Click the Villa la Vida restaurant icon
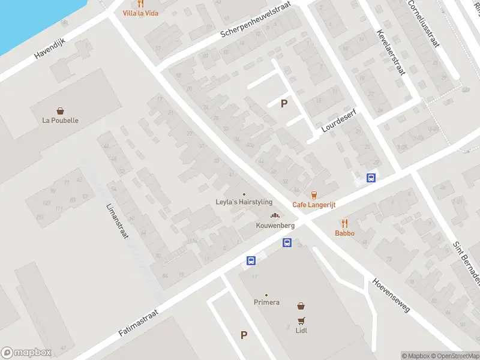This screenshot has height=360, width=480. click(140, 4)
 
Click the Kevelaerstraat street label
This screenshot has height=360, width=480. click(389, 52)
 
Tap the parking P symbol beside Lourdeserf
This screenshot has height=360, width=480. click(284, 104)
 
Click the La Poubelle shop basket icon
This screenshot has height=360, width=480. click(61, 110)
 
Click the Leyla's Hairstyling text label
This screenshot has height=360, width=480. click(244, 202)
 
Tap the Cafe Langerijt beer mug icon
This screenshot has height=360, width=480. click(314, 194)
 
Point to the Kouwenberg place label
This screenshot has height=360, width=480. click(275, 226)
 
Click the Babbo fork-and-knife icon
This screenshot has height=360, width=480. click(344, 223)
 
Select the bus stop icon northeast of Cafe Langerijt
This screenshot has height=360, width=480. click(371, 178)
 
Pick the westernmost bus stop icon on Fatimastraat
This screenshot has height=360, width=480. click(250, 260)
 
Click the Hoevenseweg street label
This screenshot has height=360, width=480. click(391, 295)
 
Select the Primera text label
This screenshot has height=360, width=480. click(266, 302)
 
